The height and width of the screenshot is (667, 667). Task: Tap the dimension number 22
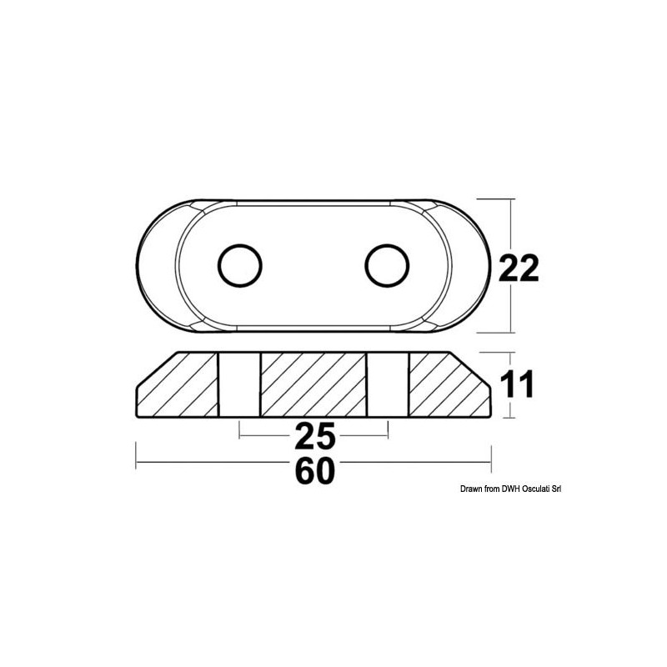tap(519, 268)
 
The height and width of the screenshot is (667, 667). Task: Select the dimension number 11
tap(516, 384)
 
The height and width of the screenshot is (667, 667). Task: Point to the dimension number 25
tap(313, 434)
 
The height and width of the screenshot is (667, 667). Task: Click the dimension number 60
tap(313, 472)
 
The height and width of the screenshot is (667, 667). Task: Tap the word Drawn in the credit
tap(471, 490)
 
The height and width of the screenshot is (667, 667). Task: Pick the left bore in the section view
tap(242, 384)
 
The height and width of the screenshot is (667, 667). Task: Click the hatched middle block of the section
tap(314, 384)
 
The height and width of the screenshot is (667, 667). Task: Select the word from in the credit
tap(493, 490)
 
